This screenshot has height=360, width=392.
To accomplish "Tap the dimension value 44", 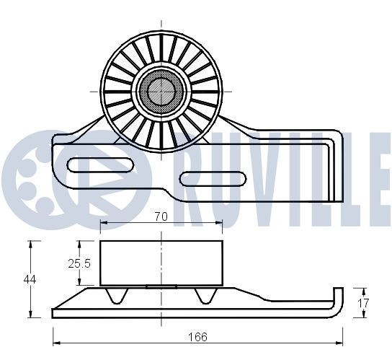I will pyautogui.click(x=30, y=278).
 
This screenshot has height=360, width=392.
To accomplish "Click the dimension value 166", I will pyautogui.click(x=197, y=337).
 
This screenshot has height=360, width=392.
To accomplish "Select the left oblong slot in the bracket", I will pyautogui.click(x=99, y=164).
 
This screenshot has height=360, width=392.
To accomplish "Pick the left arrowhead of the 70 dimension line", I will pyautogui.click(x=102, y=222).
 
